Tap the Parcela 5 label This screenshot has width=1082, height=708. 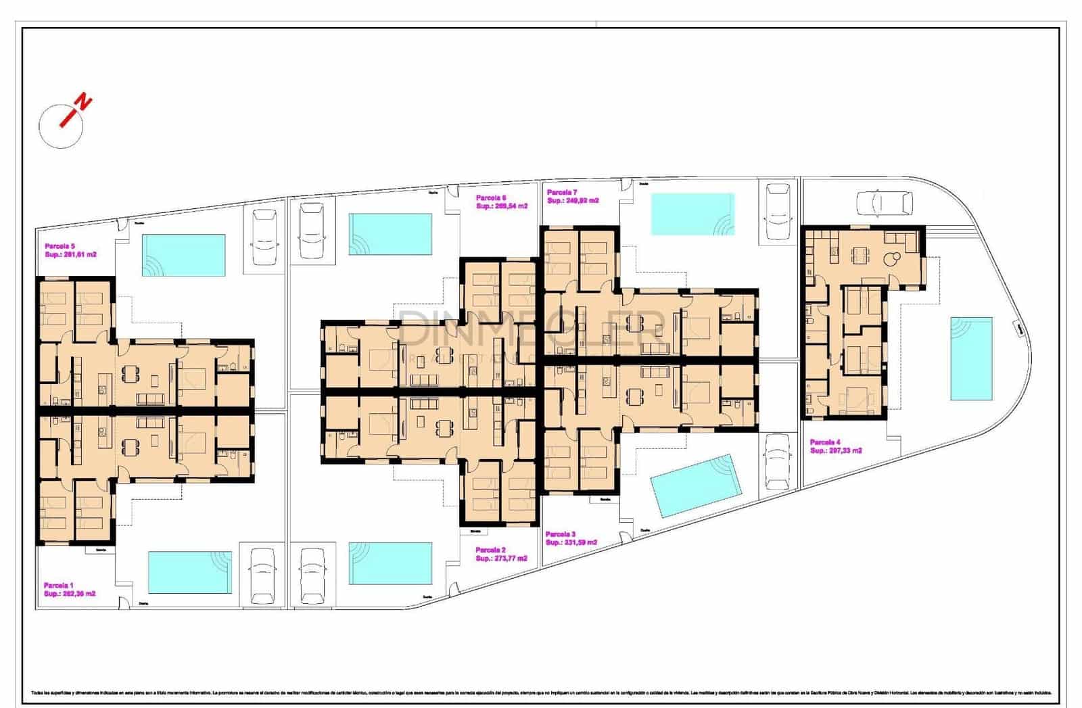60,246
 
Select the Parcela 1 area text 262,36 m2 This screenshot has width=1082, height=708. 70,594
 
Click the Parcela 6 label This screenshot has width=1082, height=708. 491,197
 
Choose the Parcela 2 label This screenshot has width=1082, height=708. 490,550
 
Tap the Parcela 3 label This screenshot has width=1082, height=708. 561,534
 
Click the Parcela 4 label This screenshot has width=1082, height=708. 826,442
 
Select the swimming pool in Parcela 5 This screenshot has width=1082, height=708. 183,255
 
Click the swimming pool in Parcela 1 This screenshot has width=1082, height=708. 189,572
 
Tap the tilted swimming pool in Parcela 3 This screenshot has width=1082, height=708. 696,485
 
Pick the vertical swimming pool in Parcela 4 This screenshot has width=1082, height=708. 971,358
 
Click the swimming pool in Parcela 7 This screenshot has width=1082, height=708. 692,214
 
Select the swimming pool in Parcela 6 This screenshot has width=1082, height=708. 390,234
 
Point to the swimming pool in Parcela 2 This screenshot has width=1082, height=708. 390,563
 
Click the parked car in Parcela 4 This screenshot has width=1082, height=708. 884,202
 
